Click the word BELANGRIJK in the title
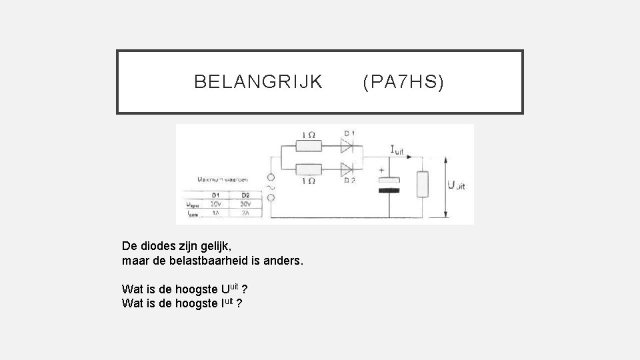coord(258,82)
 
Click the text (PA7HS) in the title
coord(403,82)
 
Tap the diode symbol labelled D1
coord(347,145)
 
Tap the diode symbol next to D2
coord(347,169)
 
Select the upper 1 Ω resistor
coord(309,146)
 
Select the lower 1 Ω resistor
coord(309,169)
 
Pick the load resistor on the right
coord(421,185)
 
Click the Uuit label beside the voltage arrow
coord(458,186)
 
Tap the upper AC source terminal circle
coord(271,178)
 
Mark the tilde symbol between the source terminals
coord(271,188)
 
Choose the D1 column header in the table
coord(216,195)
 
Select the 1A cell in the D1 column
coord(216,213)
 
